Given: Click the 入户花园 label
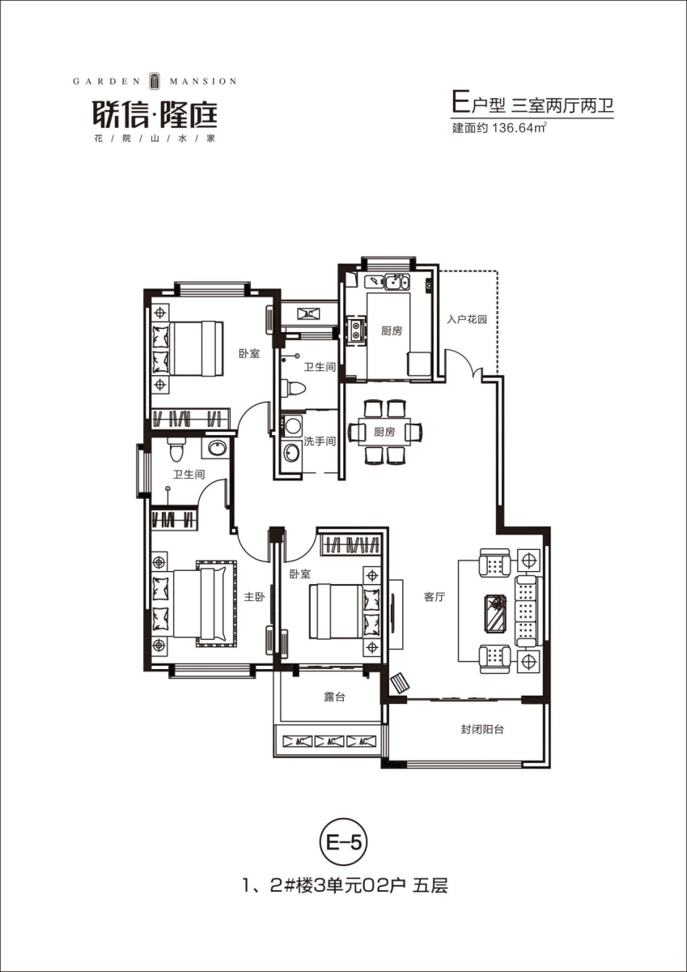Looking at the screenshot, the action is [467, 319].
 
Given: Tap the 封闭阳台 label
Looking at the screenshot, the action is [482, 730].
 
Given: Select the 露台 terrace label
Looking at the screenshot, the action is [335, 697].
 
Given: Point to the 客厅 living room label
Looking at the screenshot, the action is [435, 597].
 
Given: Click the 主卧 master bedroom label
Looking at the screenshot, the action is [254, 597].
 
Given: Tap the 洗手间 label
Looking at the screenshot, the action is [320, 441].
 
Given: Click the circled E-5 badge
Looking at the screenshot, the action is [343, 843].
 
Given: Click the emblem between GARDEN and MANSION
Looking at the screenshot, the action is [155, 81].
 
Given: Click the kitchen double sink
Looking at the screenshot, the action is [397, 282].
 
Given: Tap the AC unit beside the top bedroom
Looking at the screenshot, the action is [308, 313].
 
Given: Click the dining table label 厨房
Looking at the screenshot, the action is [384, 433].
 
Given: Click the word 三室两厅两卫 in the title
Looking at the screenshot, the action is [562, 105].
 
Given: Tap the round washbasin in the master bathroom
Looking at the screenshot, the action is [217, 448].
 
